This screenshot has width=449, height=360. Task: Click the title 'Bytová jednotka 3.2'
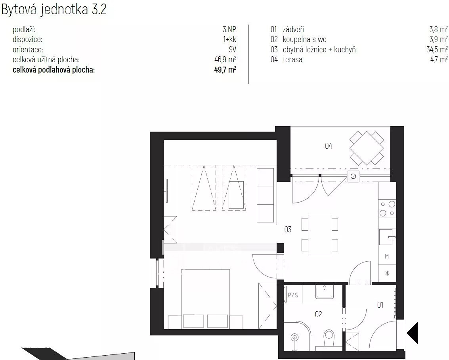(54, 9)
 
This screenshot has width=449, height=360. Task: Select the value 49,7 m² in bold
(225, 70)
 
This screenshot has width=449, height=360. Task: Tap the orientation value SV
(232, 50)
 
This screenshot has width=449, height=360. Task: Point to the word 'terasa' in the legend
(292, 59)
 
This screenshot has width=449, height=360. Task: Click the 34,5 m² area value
(437, 50)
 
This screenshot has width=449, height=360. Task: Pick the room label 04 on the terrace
(329, 146)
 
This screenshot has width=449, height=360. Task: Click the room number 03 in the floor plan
(288, 230)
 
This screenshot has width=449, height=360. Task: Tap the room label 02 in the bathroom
(319, 314)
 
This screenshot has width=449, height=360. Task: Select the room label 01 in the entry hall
(380, 305)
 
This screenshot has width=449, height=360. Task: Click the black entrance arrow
(413, 333)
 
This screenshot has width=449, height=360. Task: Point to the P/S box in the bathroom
(292, 295)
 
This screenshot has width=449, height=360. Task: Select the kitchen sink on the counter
(387, 237)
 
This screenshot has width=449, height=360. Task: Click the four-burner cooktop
(387, 209)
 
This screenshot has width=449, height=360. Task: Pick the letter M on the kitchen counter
(387, 257)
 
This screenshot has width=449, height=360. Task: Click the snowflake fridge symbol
(387, 273)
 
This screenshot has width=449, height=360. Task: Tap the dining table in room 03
(320, 235)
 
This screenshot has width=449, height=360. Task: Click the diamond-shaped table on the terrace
(367, 148)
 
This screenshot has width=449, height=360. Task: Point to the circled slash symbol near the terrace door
(353, 176)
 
